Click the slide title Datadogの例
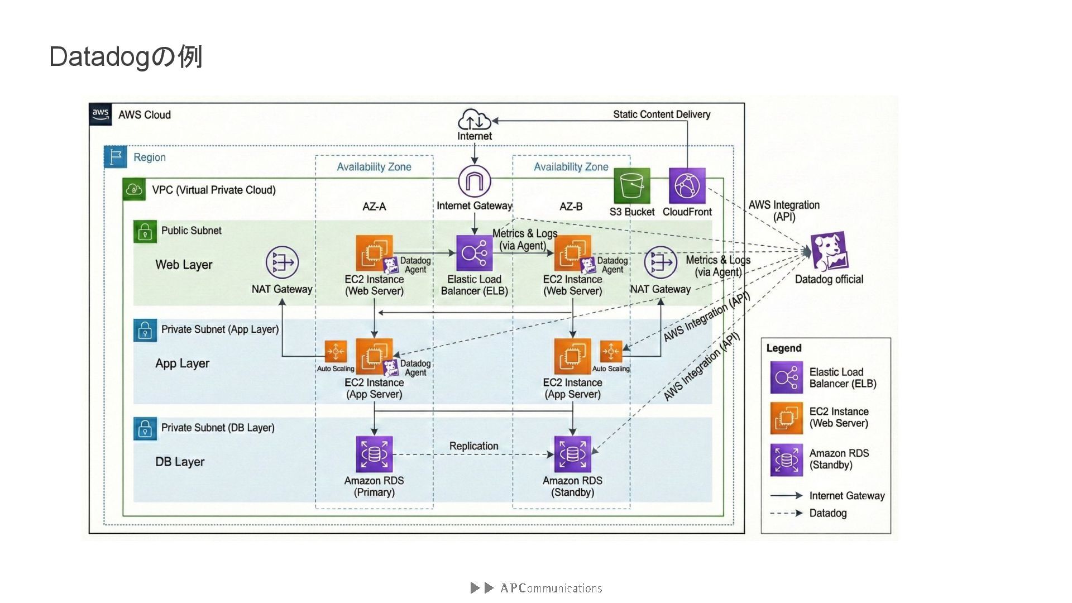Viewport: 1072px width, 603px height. pyautogui.click(x=126, y=57)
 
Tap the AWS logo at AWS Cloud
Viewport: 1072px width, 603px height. pyautogui.click(x=100, y=114)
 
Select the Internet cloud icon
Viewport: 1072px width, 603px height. pyautogui.click(x=474, y=119)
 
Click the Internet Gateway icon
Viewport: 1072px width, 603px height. pyautogui.click(x=475, y=181)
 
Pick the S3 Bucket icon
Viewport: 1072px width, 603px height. pyautogui.click(x=632, y=186)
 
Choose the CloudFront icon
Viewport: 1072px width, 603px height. pyautogui.click(x=687, y=186)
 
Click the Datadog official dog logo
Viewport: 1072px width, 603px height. pyautogui.click(x=829, y=251)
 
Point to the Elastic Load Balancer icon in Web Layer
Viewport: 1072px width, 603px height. pyautogui.click(x=474, y=253)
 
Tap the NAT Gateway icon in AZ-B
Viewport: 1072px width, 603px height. pyautogui.click(x=660, y=262)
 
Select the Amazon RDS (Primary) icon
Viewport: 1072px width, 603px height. pyautogui.click(x=374, y=454)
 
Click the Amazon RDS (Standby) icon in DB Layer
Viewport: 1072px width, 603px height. pyautogui.click(x=572, y=454)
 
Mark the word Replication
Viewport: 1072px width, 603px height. pyautogui.click(x=473, y=446)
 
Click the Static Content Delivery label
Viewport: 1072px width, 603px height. pyautogui.click(x=662, y=114)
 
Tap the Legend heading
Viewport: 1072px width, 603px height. pyautogui.click(x=783, y=348)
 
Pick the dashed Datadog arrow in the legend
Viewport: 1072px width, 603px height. pyautogui.click(x=786, y=513)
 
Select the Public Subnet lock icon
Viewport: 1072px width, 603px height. pyautogui.click(x=145, y=231)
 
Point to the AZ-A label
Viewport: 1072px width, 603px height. pyautogui.click(x=374, y=207)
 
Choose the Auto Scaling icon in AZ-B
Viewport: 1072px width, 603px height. pyautogui.click(x=611, y=352)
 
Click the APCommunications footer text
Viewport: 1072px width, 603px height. pyautogui.click(x=551, y=588)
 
